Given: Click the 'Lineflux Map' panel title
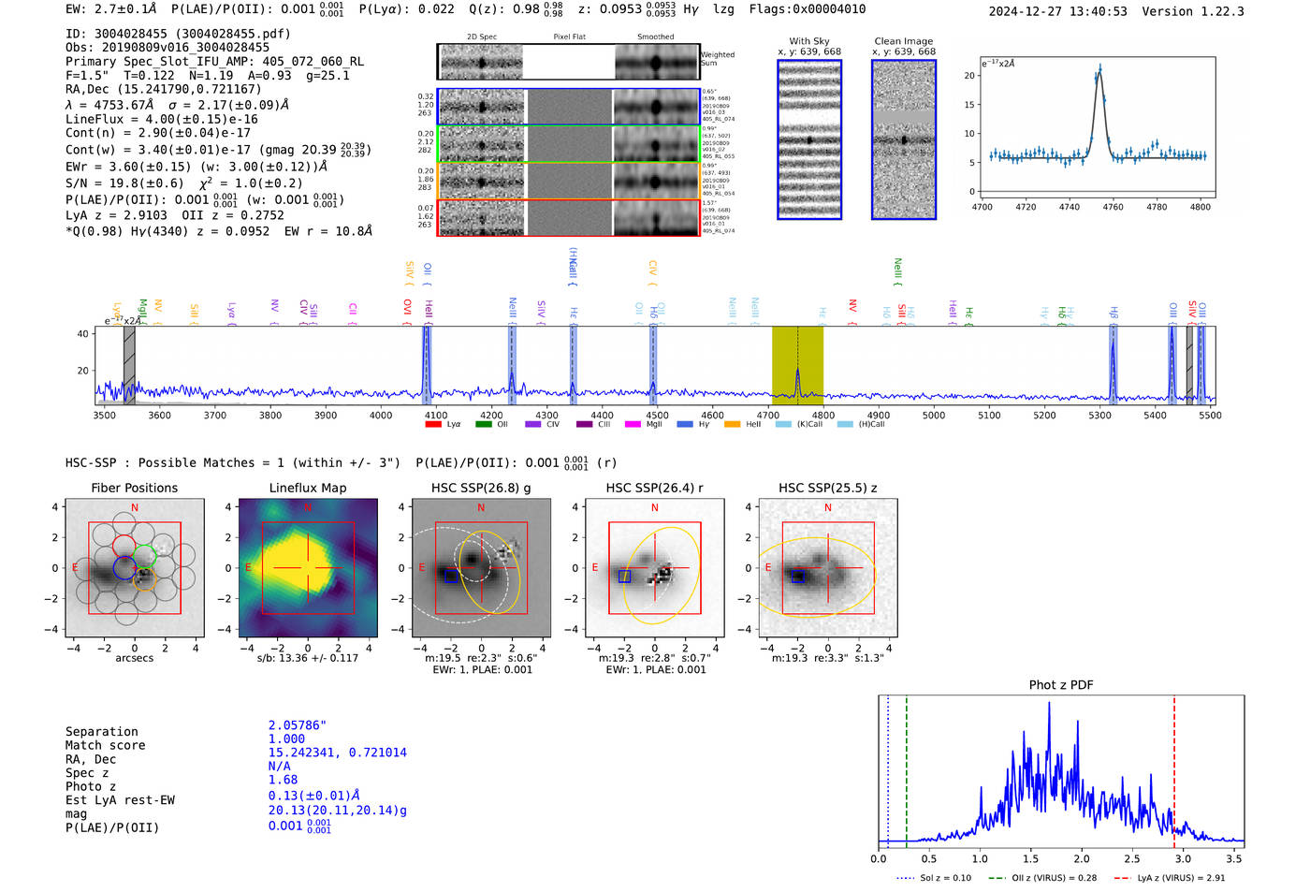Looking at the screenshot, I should pyautogui.click(x=307, y=488).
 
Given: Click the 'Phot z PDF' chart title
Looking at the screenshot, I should pyautogui.click(x=1061, y=685).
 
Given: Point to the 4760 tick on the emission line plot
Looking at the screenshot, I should pyautogui.click(x=1113, y=207).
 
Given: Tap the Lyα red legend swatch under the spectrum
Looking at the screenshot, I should pyautogui.click(x=433, y=424).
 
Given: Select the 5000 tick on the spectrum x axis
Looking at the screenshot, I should pyautogui.click(x=934, y=416).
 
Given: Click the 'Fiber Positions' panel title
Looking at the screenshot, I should pyautogui.click(x=134, y=488).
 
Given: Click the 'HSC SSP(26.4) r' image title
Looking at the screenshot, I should pyautogui.click(x=654, y=488).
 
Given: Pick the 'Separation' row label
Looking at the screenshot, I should pyautogui.click(x=101, y=732).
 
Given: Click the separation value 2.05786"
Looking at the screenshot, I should pyautogui.click(x=297, y=725).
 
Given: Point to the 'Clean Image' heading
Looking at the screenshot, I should pyautogui.click(x=903, y=41).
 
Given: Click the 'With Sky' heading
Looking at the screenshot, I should pyautogui.click(x=808, y=41).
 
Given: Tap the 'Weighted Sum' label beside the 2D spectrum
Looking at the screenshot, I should pyautogui.click(x=717, y=59).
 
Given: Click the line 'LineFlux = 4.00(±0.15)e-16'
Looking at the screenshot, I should pyautogui.click(x=161, y=119).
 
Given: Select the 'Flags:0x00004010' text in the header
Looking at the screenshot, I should pyautogui.click(x=807, y=9).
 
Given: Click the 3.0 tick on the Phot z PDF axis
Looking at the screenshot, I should pyautogui.click(x=1183, y=858).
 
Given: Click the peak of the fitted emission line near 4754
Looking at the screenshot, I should pyautogui.click(x=1099, y=68).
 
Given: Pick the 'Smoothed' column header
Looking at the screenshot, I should pyautogui.click(x=655, y=37).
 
